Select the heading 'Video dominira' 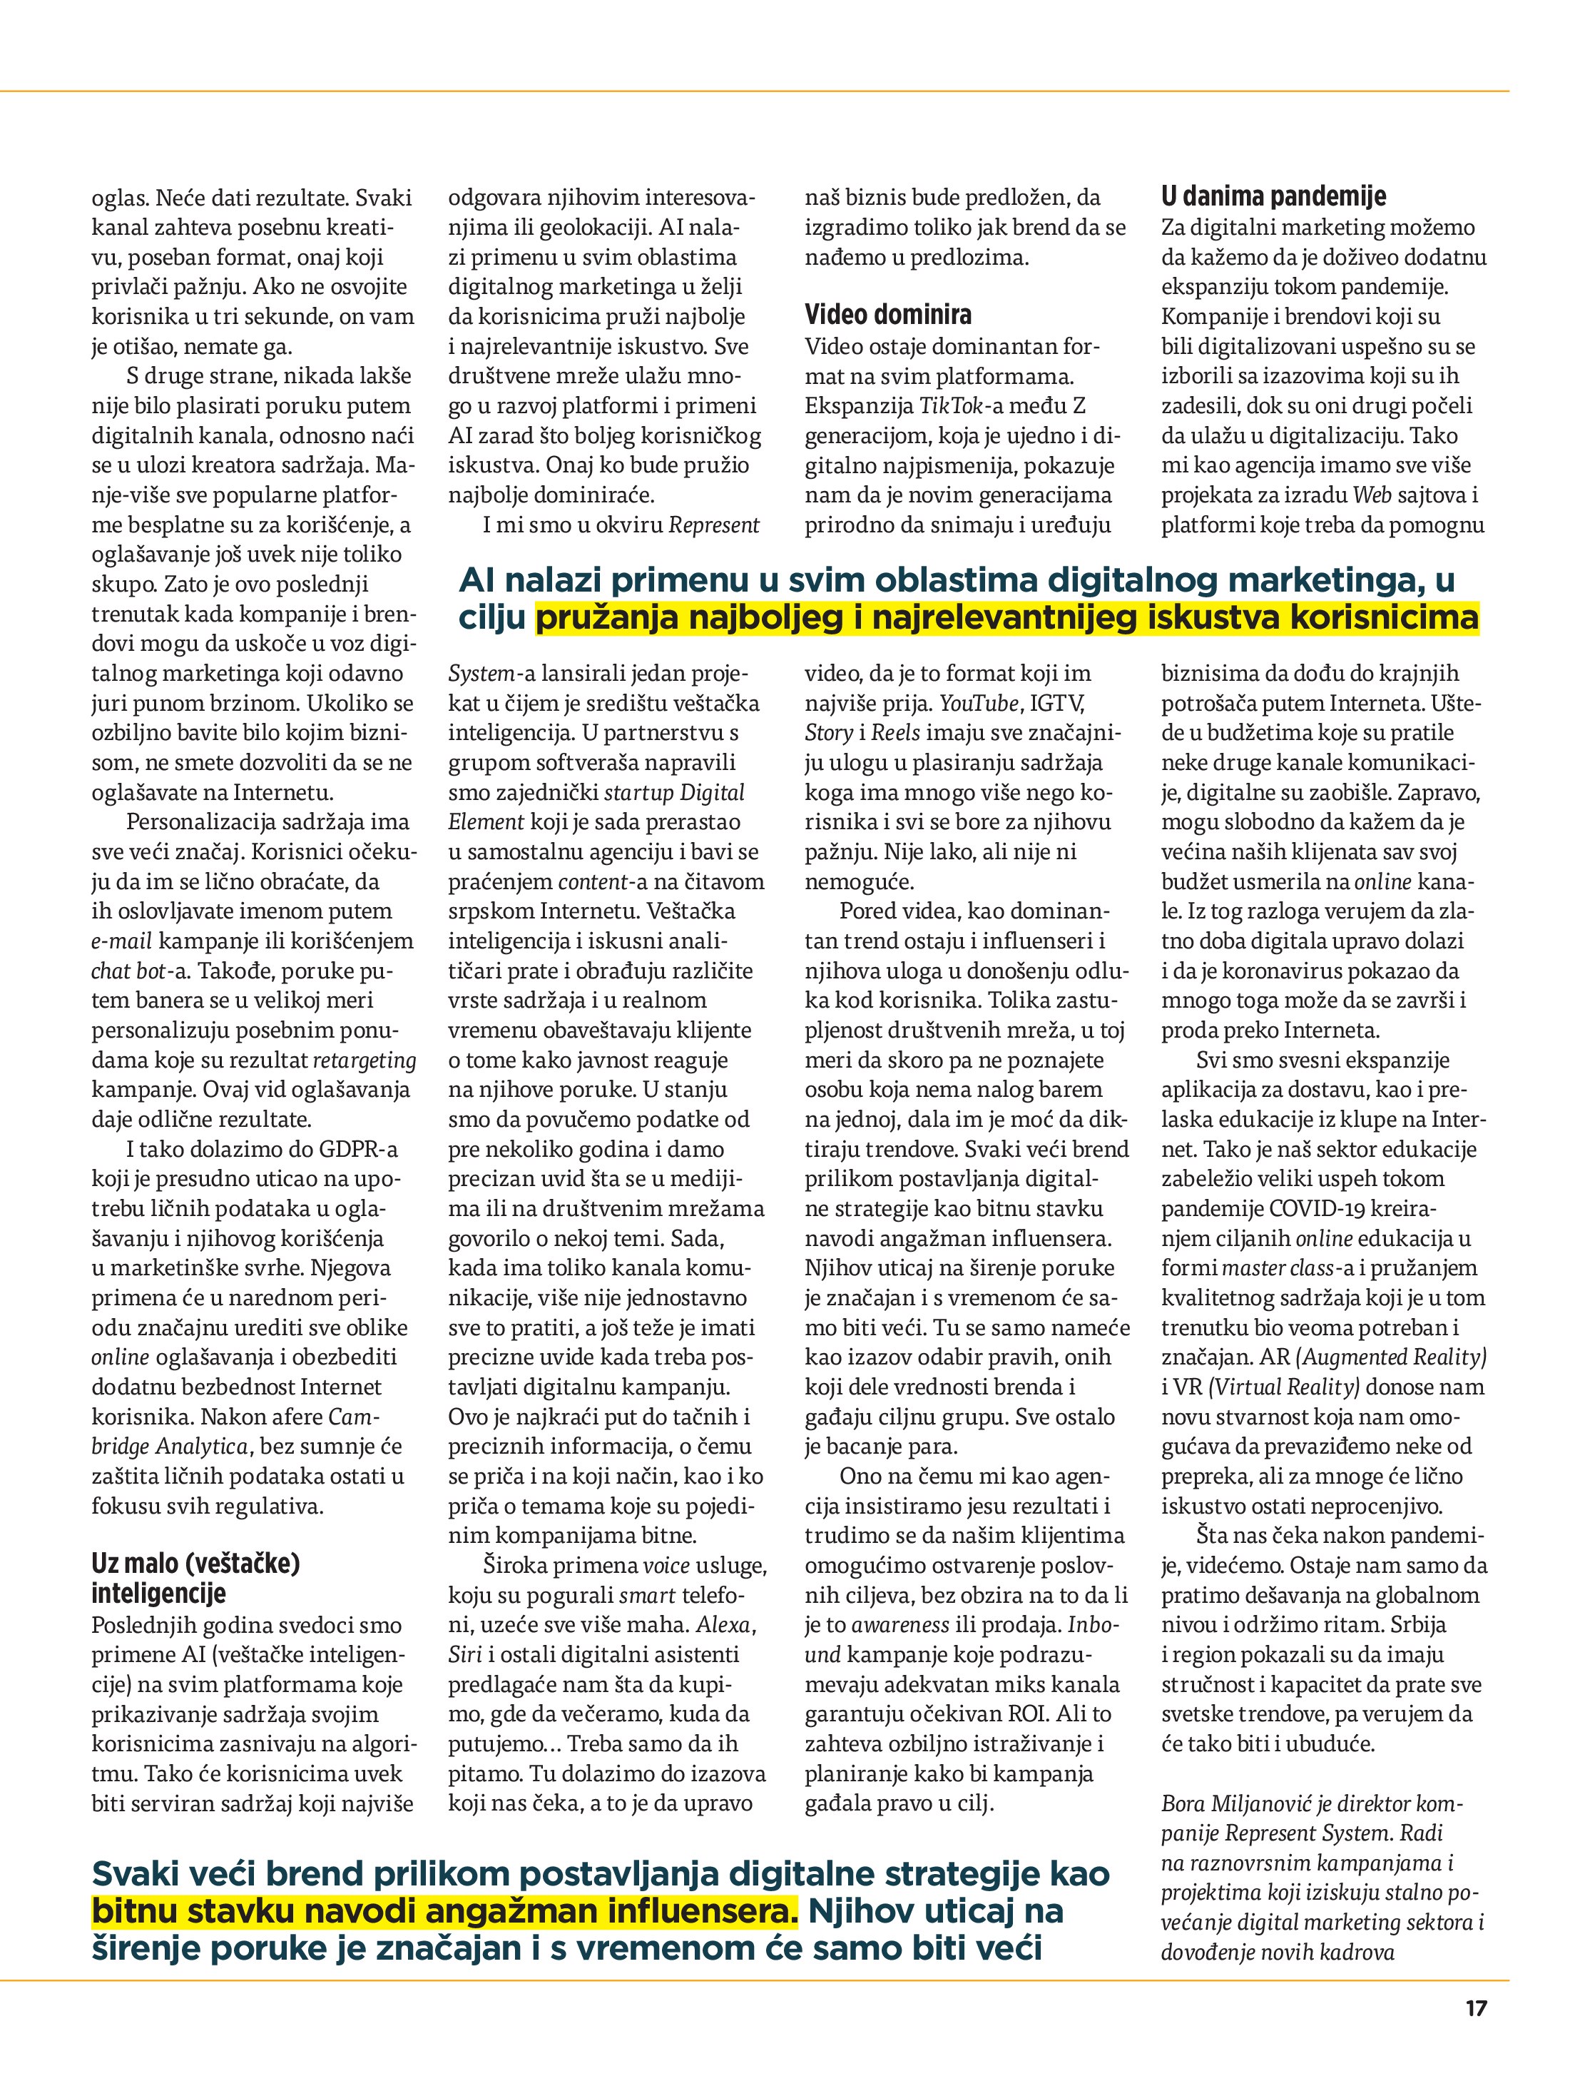tap(888, 314)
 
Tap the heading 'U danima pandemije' tap(1273, 196)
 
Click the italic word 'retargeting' tap(364, 1060)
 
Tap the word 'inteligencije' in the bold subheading tap(158, 1594)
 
